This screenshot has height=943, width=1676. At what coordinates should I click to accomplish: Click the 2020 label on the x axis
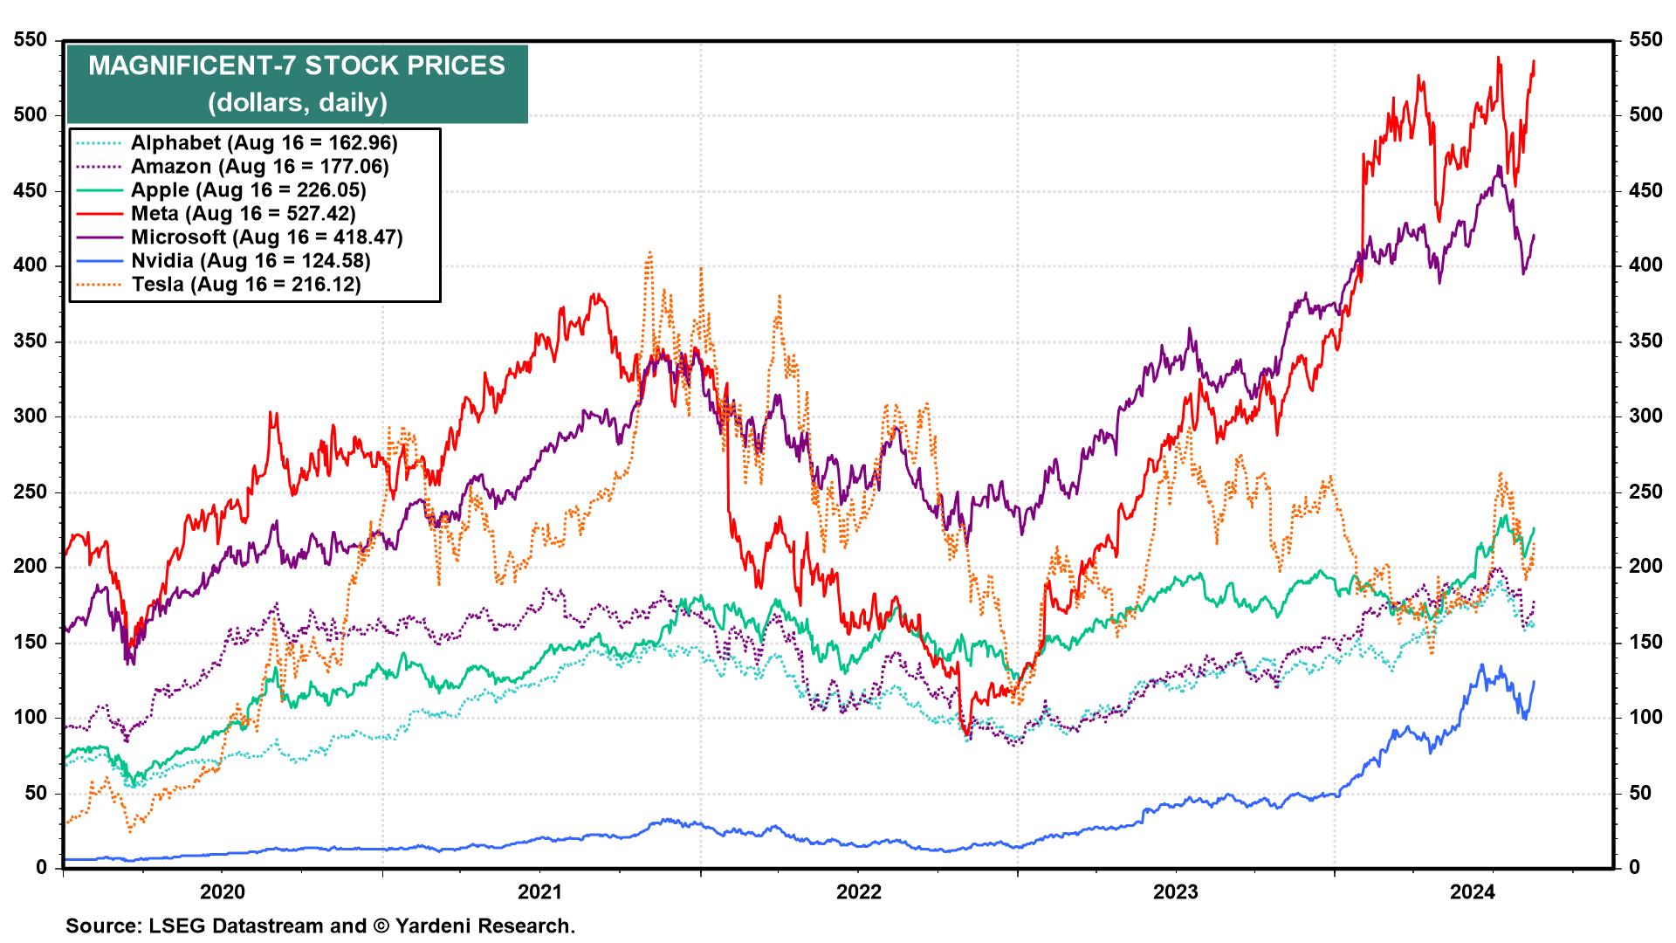pos(223,891)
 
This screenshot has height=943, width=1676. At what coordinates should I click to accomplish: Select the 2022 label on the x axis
pos(859,891)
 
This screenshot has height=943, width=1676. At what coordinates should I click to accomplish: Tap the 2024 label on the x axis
pos(1473,891)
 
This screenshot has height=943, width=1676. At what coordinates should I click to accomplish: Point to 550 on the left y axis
pos(31,40)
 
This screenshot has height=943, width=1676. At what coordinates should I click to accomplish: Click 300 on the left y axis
pos(31,416)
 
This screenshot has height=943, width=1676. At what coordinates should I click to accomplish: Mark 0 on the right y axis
pos(1634,868)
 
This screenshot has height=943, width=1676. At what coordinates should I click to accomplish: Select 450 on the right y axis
pos(1645,190)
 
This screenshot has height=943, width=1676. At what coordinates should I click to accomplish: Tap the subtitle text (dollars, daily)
pos(298,103)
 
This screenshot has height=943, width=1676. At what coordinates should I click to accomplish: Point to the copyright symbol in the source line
pos(381,926)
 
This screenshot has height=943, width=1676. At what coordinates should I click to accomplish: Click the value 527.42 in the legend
pos(320,214)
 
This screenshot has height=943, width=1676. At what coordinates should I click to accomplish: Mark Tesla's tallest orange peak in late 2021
pos(649,253)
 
